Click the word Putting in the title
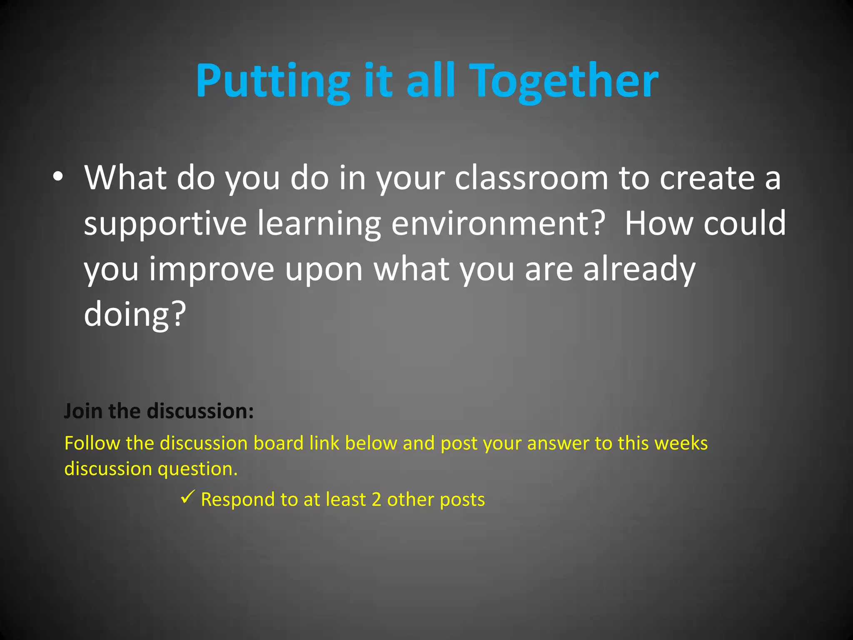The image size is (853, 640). pyautogui.click(x=273, y=81)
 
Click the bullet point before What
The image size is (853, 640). pyautogui.click(x=58, y=177)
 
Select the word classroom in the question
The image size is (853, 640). pyautogui.click(x=531, y=178)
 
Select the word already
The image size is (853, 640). pyautogui.click(x=639, y=270)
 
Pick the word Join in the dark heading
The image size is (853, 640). pyautogui.click(x=83, y=411)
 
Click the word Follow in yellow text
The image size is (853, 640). pyautogui.click(x=92, y=443)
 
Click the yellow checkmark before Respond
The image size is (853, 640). pyautogui.click(x=188, y=497)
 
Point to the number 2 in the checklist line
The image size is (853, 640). pyautogui.click(x=376, y=500)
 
